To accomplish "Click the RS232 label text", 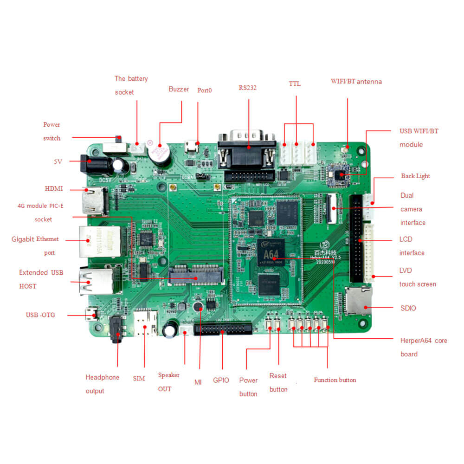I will tap(248, 87).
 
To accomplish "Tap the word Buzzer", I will tap(179, 89).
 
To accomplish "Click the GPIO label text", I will tap(221, 380).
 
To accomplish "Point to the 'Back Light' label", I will tap(415, 176).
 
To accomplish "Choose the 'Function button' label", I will tap(335, 380).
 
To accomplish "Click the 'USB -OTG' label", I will tap(40, 315).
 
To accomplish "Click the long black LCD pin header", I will tap(358, 239).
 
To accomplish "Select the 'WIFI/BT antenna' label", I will tap(356, 82).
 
